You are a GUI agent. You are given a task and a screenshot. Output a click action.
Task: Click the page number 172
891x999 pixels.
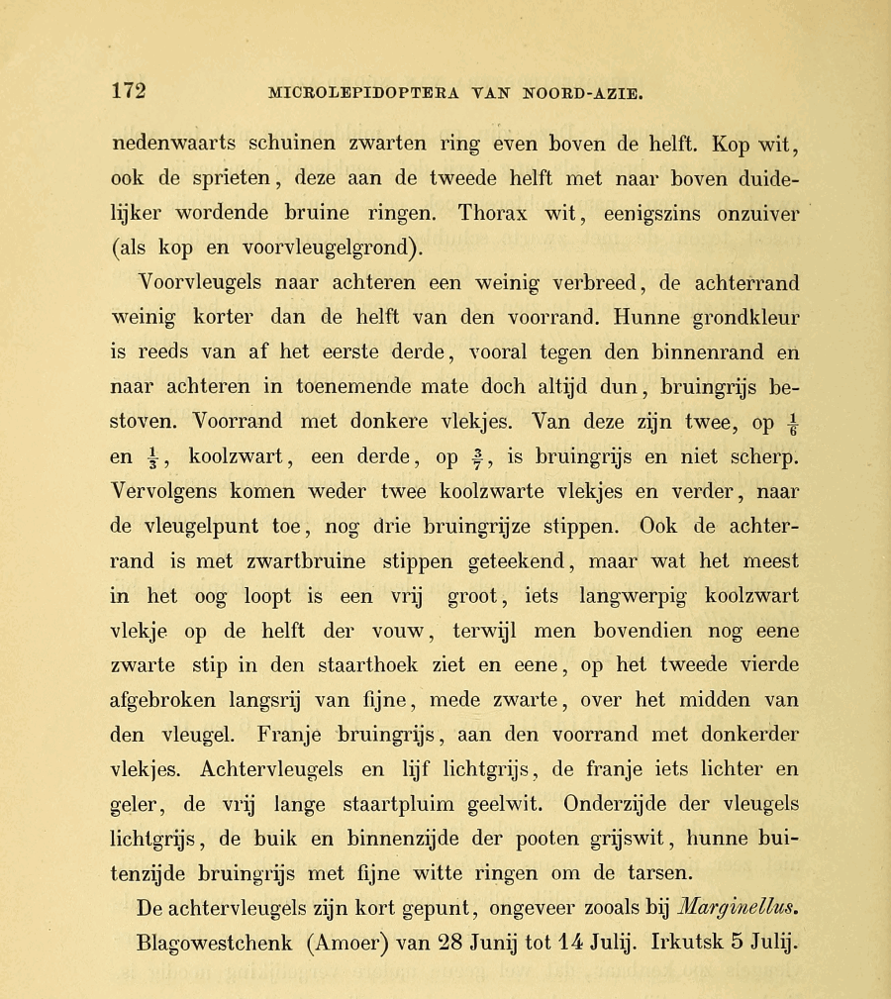129,90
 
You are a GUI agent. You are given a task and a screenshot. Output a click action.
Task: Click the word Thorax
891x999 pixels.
501,213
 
